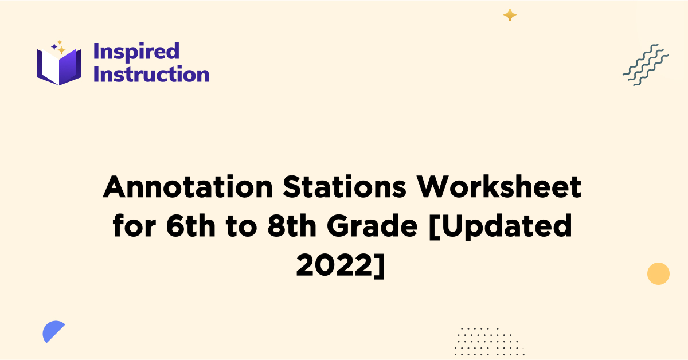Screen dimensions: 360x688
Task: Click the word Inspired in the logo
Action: [x=136, y=52]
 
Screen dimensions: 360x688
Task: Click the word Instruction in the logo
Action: [x=151, y=75]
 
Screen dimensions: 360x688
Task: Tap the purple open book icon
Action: [x=59, y=66]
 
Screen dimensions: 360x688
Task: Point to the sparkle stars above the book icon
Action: [x=58, y=47]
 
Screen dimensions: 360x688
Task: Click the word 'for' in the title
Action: [x=136, y=227]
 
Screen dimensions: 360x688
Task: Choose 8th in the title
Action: [x=293, y=227]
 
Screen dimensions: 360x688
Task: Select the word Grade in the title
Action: [x=373, y=227]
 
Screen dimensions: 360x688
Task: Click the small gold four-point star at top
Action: [x=510, y=15]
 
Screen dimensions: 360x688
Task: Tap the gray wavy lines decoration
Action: [x=646, y=64]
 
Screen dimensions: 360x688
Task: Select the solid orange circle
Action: [x=658, y=273]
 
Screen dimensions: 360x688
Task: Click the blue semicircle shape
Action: [x=53, y=331]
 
